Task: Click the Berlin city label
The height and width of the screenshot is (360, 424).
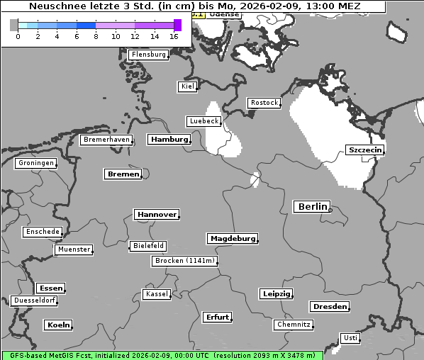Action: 311,207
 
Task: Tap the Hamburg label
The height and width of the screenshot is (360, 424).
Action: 169,140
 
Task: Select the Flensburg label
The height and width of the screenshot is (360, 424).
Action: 149,55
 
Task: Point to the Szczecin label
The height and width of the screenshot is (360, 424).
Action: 364,150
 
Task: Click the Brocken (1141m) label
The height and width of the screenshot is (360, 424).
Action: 184,261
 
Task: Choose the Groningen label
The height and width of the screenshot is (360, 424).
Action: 35,163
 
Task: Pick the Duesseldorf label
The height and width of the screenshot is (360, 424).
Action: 34,300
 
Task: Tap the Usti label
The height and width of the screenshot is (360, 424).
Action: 350,338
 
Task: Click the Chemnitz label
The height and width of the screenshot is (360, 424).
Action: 294,325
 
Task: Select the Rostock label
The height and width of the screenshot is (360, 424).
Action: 264,103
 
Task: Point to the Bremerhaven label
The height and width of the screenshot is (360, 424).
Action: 106,140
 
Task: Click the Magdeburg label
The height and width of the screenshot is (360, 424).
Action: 232,239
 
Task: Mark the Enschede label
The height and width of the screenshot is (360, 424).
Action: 42,232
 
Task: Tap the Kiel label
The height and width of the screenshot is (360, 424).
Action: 187,86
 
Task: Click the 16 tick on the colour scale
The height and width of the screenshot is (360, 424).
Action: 174,36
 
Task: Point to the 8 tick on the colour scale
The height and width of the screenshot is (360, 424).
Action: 96,36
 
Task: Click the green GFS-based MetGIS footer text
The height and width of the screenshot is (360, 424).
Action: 162,355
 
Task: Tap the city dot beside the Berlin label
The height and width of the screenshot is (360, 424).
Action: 330,208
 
